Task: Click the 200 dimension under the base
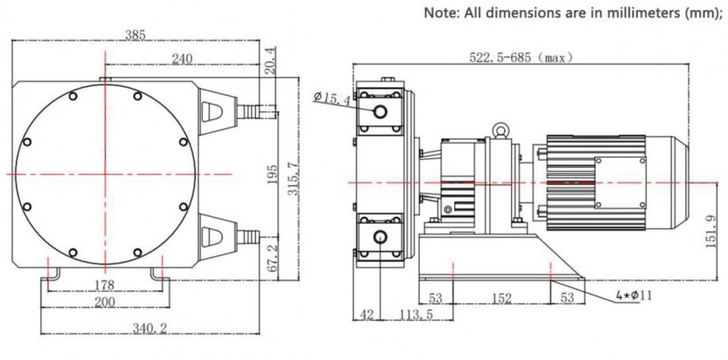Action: coord(105,302)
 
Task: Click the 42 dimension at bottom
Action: coord(366,314)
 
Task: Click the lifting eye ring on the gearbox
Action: coord(498,130)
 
